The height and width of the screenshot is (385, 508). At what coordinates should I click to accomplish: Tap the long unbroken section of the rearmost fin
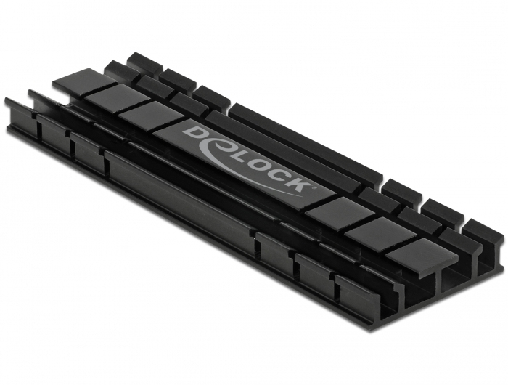(305, 142)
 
